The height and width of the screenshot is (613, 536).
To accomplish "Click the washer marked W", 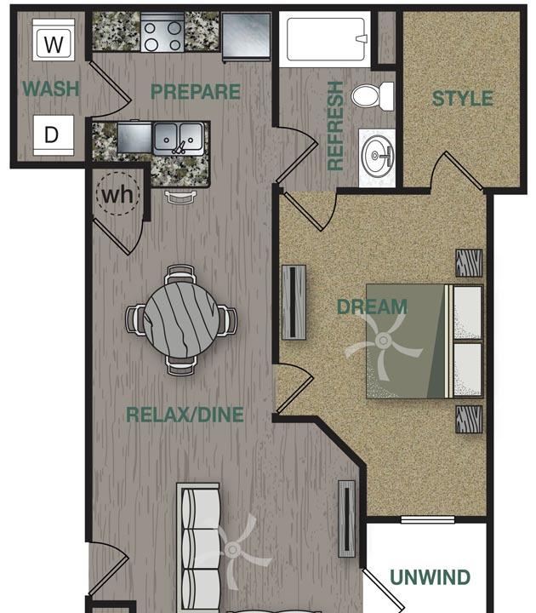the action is point(54,40).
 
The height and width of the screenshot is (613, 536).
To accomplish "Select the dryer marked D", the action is point(53,135).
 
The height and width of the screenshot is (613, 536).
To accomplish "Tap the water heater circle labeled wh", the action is point(117,194).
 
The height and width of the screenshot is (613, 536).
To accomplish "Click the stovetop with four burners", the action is point(163,33).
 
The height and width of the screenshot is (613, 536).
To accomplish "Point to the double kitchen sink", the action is point(179,139).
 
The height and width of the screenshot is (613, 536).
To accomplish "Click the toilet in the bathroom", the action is point(373,96).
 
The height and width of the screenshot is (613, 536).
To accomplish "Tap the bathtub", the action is point(326,38).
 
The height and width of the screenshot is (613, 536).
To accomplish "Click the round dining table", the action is point(181,320).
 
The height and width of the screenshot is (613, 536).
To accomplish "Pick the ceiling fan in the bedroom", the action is point(383,341).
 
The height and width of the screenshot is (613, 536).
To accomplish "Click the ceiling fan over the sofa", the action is point(233,550).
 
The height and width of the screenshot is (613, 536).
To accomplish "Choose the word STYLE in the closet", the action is point(463,98).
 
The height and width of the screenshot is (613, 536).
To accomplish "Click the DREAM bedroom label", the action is point(372,306).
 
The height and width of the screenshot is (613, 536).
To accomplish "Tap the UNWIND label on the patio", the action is point(431,577).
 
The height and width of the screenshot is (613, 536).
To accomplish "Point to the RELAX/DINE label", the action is point(185,415).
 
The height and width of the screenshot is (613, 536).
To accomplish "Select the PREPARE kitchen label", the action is point(196,92).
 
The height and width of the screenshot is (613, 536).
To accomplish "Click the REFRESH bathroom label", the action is point(335,126).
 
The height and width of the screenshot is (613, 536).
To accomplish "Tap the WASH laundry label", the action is point(51,89).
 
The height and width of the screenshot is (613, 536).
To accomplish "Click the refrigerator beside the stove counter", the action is point(246,37).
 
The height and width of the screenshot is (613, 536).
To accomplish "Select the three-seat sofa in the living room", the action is point(198,548).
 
